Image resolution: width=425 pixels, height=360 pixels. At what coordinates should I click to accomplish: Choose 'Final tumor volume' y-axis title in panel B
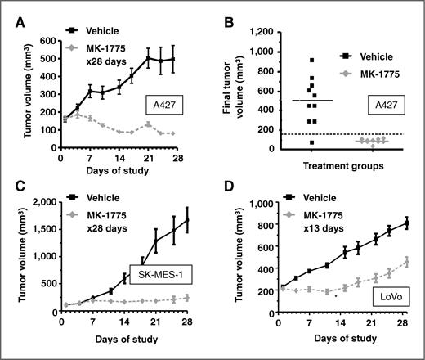click(x=235, y=88)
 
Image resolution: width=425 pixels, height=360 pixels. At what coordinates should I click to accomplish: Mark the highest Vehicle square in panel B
click(x=310, y=60)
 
